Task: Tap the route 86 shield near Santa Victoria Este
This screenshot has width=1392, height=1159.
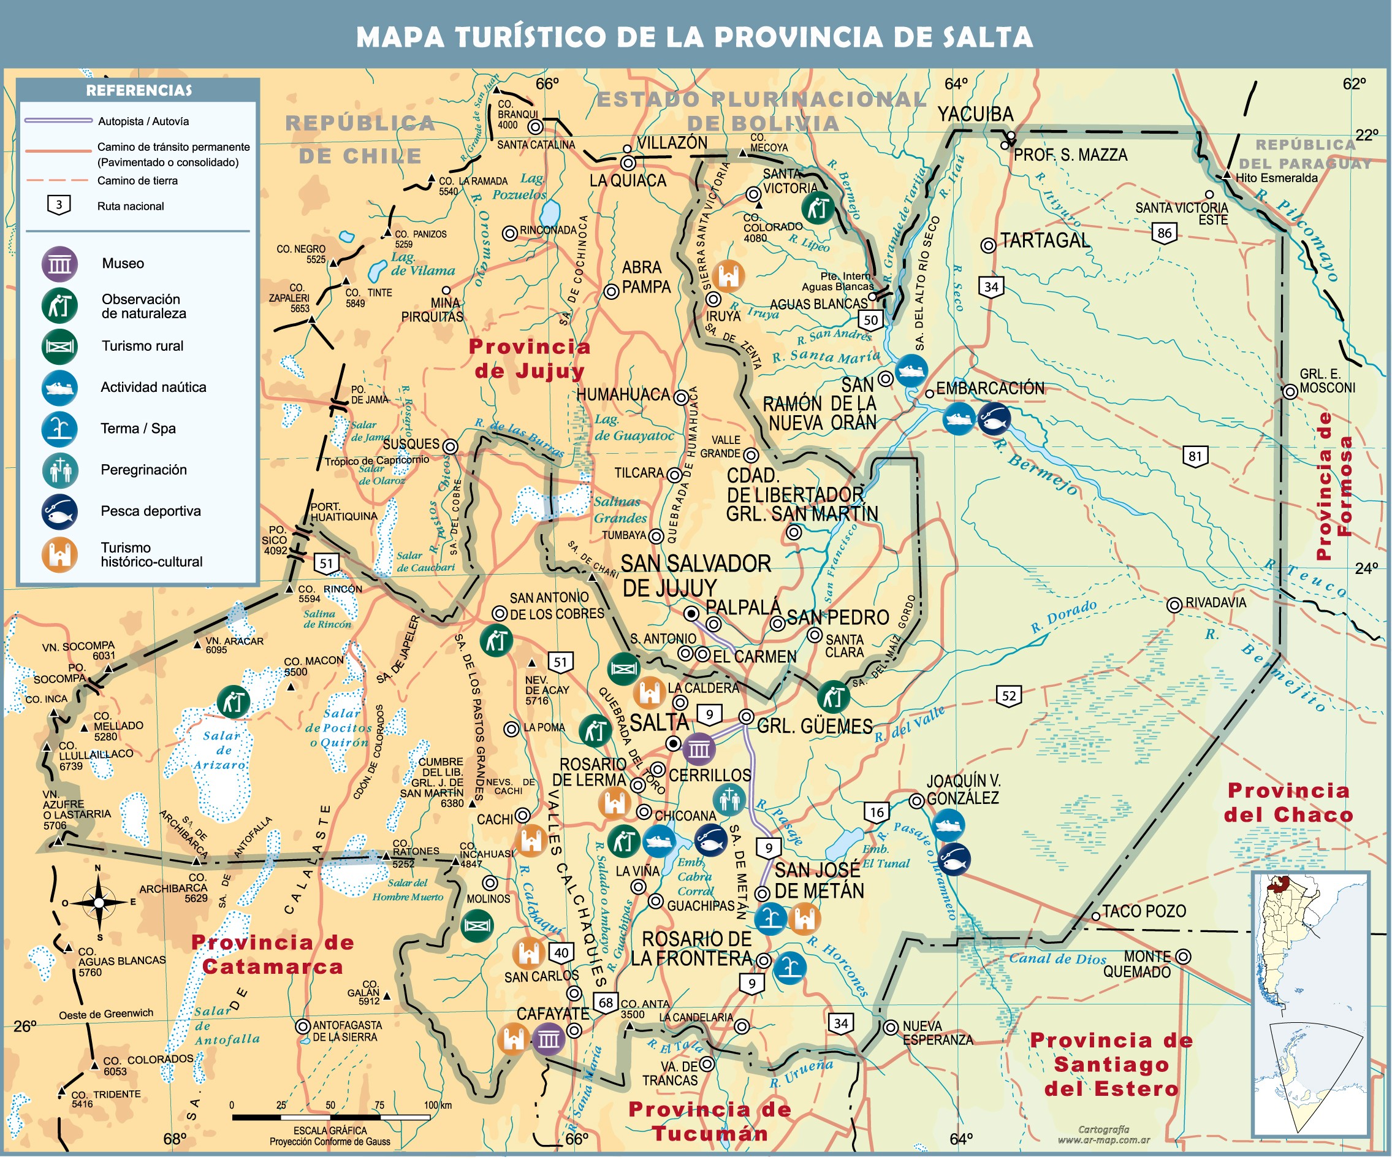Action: click(x=1165, y=234)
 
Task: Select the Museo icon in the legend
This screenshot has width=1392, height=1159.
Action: click(x=59, y=264)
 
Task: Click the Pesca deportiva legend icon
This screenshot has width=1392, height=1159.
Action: click(x=59, y=511)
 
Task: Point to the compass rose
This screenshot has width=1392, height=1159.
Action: click(x=99, y=903)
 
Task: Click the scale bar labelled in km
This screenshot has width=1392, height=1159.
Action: click(x=331, y=1117)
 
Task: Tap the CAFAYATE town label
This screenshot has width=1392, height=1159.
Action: click(x=553, y=1014)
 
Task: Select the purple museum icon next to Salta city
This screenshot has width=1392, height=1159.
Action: click(x=699, y=750)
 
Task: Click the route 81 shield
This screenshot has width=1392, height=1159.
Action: click(x=1195, y=456)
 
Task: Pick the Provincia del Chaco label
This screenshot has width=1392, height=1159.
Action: click(x=1288, y=802)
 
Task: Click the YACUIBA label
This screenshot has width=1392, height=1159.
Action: click(x=975, y=115)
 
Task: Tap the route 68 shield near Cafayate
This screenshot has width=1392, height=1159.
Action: click(x=606, y=1003)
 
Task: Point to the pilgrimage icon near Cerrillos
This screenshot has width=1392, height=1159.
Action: click(x=729, y=800)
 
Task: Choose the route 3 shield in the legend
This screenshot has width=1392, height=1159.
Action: click(x=59, y=205)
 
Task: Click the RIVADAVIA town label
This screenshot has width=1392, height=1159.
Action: click(x=1215, y=603)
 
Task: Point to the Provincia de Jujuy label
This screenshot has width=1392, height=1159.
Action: click(x=529, y=359)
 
